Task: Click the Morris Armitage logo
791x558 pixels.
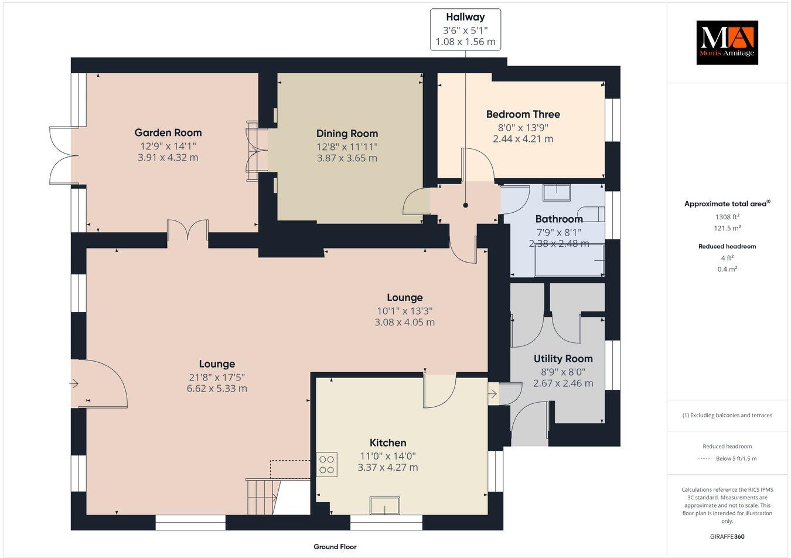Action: click(727, 42)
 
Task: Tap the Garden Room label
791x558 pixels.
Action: click(168, 133)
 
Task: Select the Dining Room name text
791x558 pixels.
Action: click(347, 134)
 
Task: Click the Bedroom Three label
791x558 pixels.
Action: click(523, 114)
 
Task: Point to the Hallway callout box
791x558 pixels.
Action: click(465, 29)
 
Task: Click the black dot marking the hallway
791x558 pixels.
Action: click(466, 206)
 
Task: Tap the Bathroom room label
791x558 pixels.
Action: click(559, 219)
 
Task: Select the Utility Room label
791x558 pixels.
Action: click(562, 359)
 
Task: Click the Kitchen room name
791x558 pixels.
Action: click(388, 443)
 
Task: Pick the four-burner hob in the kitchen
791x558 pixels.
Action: click(326, 464)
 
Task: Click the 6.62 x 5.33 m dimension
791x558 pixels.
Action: click(217, 389)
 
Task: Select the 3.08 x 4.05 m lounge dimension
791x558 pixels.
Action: click(405, 322)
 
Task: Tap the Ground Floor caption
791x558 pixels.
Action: click(335, 547)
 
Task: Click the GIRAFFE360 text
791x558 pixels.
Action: click(727, 536)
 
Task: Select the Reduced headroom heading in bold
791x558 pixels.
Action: click(727, 246)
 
